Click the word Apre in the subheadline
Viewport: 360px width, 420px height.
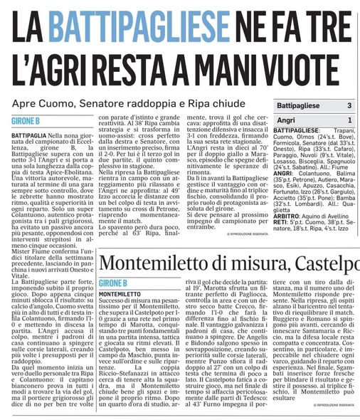[x=26, y=104]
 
